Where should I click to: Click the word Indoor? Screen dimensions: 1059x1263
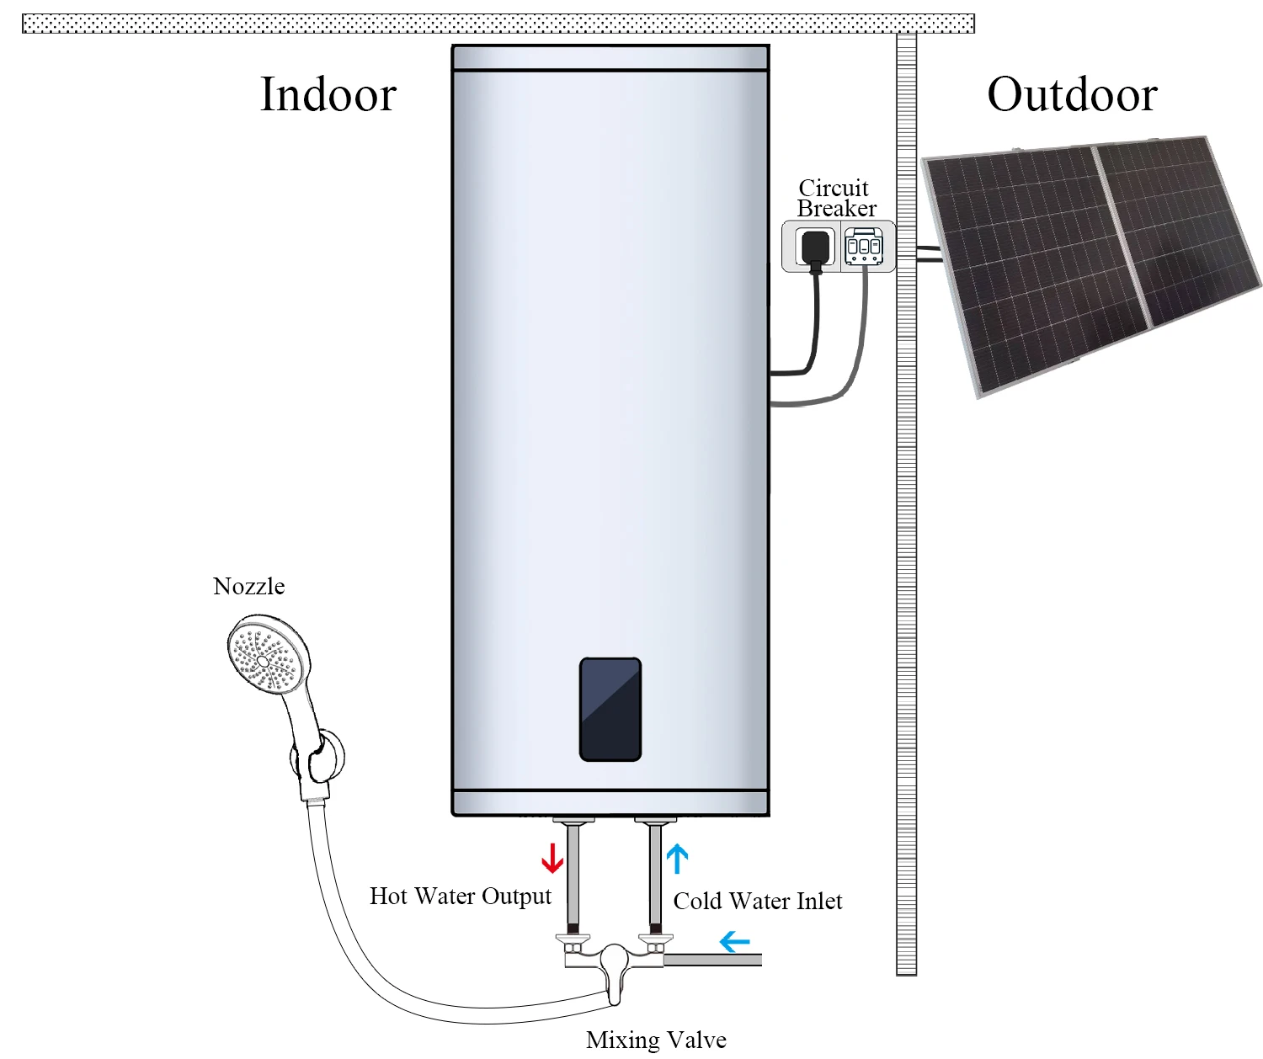pyautogui.click(x=328, y=94)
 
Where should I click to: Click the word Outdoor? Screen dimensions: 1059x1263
pyautogui.click(x=1072, y=94)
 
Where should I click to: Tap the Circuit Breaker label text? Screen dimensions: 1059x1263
pyautogui.click(x=835, y=198)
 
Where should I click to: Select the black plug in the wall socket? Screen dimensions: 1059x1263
pyautogui.click(x=814, y=247)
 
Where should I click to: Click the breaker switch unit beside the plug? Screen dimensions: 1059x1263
pyautogui.click(x=864, y=247)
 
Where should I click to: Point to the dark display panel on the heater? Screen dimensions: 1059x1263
pyautogui.click(x=610, y=710)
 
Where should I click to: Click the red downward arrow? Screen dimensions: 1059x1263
pyautogui.click(x=552, y=858)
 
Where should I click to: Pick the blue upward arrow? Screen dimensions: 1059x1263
pyautogui.click(x=678, y=859)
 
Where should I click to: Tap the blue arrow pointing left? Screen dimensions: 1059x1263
pyautogui.click(x=735, y=940)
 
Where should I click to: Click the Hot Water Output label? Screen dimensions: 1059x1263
pyautogui.click(x=460, y=897)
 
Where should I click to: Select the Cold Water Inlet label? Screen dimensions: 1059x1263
pyautogui.click(x=757, y=902)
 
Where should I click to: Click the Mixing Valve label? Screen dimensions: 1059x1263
pyautogui.click(x=656, y=1040)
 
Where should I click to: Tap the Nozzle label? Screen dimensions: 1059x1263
pyautogui.click(x=248, y=587)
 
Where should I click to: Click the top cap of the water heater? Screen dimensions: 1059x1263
pyautogui.click(x=610, y=57)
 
